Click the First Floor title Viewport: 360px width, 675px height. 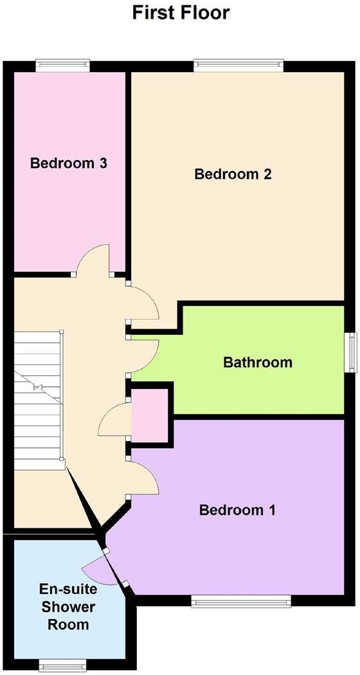181,13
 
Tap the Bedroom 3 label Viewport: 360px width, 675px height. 68,164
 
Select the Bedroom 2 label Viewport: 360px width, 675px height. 233,174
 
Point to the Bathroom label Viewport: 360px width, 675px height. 257,363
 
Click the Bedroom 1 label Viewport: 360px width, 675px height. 237,510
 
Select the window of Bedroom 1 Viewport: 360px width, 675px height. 241,601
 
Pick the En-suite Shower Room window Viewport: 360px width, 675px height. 62,663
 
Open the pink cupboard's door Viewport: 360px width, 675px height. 114,421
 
